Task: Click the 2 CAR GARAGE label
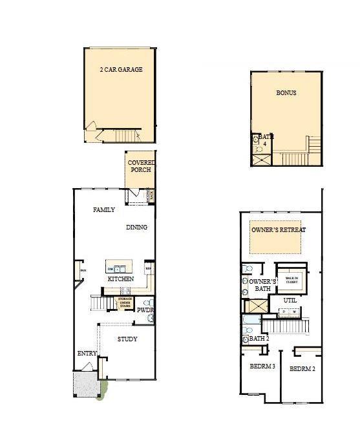point(121,69)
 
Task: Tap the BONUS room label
point(286,93)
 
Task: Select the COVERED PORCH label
point(140,166)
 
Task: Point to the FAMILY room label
point(103,210)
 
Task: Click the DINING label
point(136,228)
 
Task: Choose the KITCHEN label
point(120,279)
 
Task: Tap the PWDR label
point(145,311)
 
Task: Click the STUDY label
point(127,339)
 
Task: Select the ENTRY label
point(87,354)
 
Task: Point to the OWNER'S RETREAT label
point(278,230)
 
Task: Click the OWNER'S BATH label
point(263,285)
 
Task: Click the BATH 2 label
point(259,339)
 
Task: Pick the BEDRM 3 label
point(262,366)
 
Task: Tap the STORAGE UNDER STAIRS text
point(125,302)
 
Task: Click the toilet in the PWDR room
point(147,302)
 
